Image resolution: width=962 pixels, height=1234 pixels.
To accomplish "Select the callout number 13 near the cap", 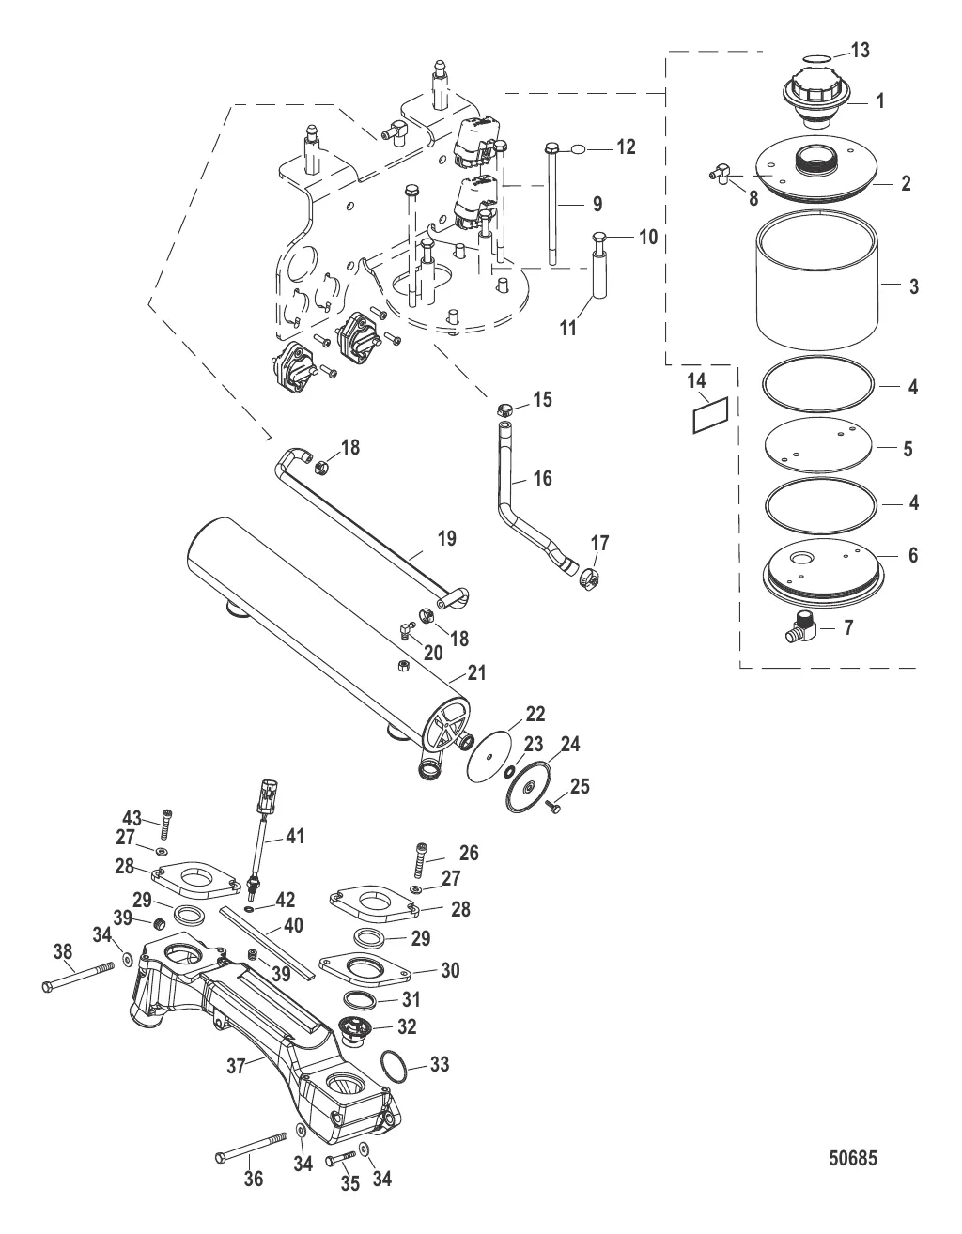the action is pyautogui.click(x=861, y=50).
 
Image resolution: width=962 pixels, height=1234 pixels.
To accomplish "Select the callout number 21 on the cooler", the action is pyautogui.click(x=477, y=672).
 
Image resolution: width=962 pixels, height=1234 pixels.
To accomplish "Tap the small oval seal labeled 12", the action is pyautogui.click(x=578, y=148).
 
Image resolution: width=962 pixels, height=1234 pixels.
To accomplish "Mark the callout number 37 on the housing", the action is pyautogui.click(x=236, y=1066).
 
